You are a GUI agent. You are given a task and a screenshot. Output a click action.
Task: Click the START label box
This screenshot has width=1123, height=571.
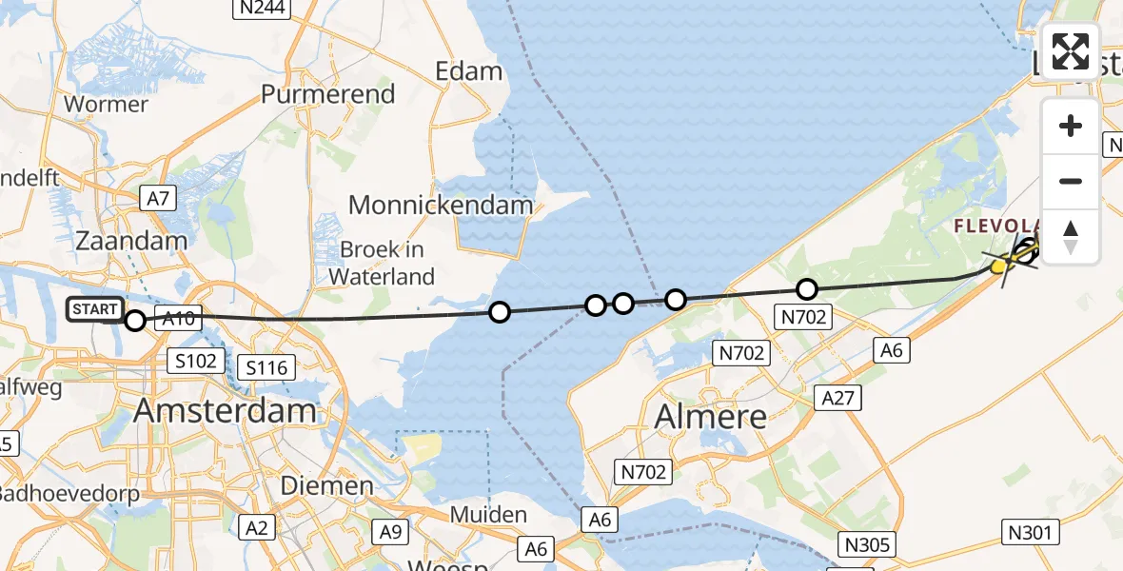click(x=95, y=309)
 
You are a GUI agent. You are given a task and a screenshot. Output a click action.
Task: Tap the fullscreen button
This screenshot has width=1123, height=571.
click(x=1071, y=51)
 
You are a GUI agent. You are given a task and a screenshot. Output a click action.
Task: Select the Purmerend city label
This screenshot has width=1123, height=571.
click(x=327, y=94)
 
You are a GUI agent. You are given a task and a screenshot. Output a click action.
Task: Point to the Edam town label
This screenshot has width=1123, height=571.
click(x=468, y=71)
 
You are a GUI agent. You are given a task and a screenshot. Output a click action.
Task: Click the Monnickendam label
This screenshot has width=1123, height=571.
click(x=441, y=204)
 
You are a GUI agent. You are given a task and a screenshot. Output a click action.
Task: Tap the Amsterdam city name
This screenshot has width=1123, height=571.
click(x=225, y=410)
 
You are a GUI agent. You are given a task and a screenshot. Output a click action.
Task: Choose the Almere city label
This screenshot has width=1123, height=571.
click(x=711, y=416)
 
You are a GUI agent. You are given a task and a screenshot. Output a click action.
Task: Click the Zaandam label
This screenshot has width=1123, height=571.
click(x=131, y=240)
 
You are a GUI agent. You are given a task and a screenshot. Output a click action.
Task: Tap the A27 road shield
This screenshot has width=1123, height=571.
click(x=837, y=398)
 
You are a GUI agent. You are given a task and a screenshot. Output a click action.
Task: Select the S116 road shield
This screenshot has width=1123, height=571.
click(x=270, y=366)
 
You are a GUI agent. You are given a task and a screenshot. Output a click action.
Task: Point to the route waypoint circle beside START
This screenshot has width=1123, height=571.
click(x=135, y=321)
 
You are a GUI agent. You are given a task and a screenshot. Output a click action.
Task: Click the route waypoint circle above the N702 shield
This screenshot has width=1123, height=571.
click(x=806, y=288)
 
